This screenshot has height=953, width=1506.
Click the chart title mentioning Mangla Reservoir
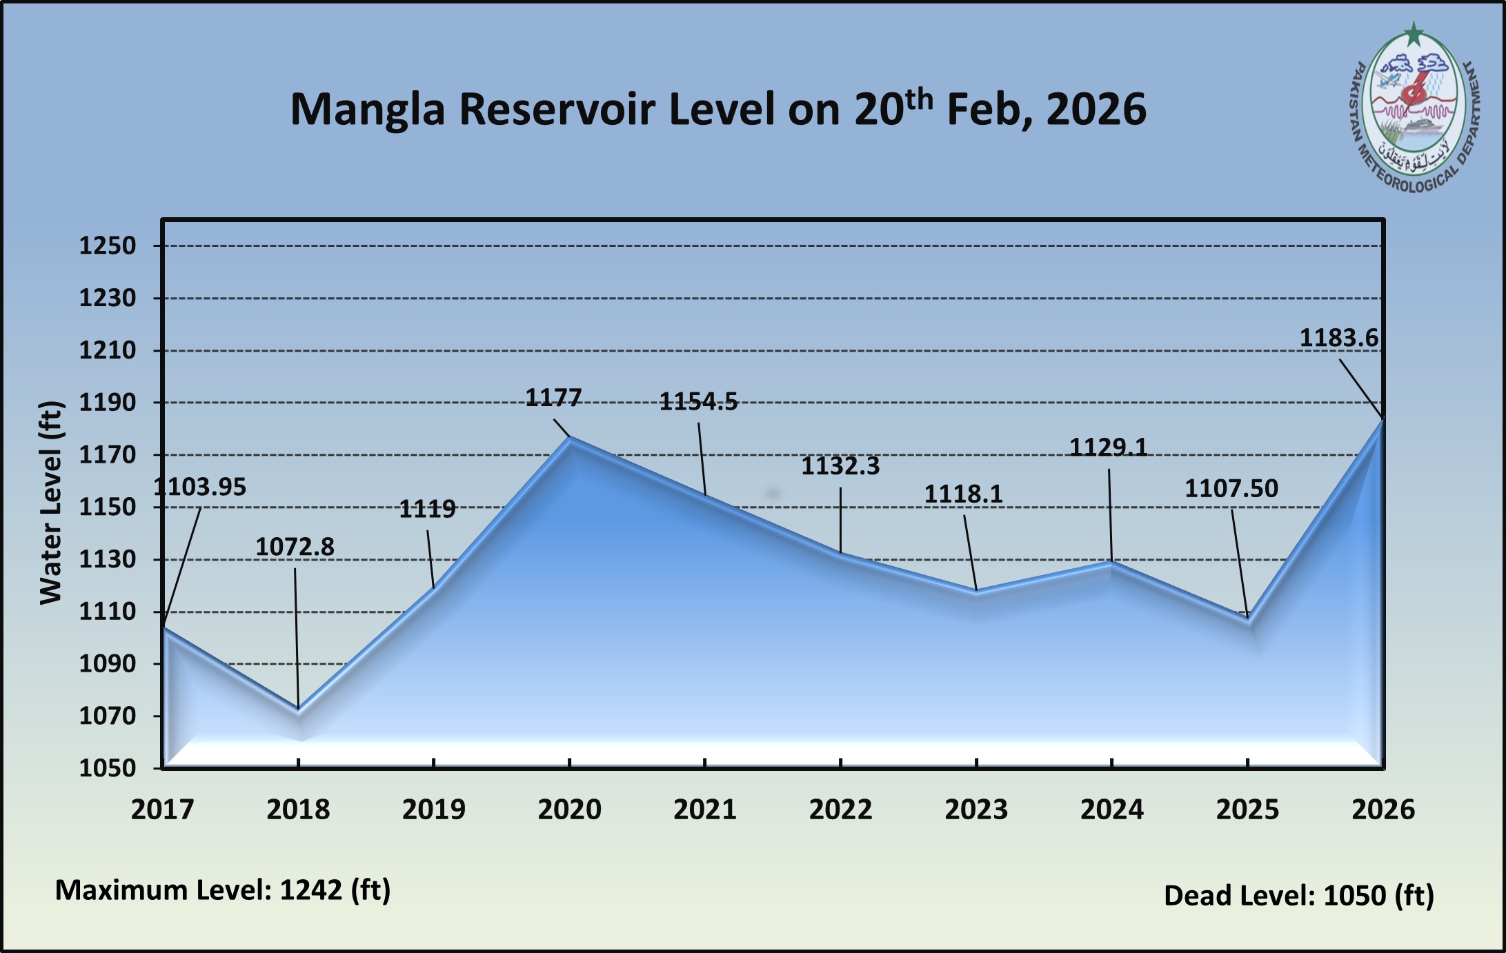point(717,110)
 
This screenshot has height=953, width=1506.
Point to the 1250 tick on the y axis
point(108,245)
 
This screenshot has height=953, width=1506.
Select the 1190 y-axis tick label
point(108,403)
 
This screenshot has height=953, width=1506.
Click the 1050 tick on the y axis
point(108,768)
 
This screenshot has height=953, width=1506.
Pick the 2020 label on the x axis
point(569,810)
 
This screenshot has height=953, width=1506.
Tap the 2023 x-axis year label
point(976,810)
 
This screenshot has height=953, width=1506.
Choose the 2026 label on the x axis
point(1383,810)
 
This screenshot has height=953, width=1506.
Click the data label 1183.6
point(1338,339)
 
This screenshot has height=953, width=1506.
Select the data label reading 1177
point(554,398)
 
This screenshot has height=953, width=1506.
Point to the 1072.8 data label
point(295,548)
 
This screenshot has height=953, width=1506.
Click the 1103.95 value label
point(199,488)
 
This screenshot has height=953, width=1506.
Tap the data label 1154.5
point(698,401)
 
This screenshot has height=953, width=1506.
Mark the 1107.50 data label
point(1231,489)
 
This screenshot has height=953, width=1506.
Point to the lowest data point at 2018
point(299,709)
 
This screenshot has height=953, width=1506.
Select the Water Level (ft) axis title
point(50,503)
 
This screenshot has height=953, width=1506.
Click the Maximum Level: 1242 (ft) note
point(223,890)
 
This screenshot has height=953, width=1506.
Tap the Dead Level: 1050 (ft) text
point(1299,896)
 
